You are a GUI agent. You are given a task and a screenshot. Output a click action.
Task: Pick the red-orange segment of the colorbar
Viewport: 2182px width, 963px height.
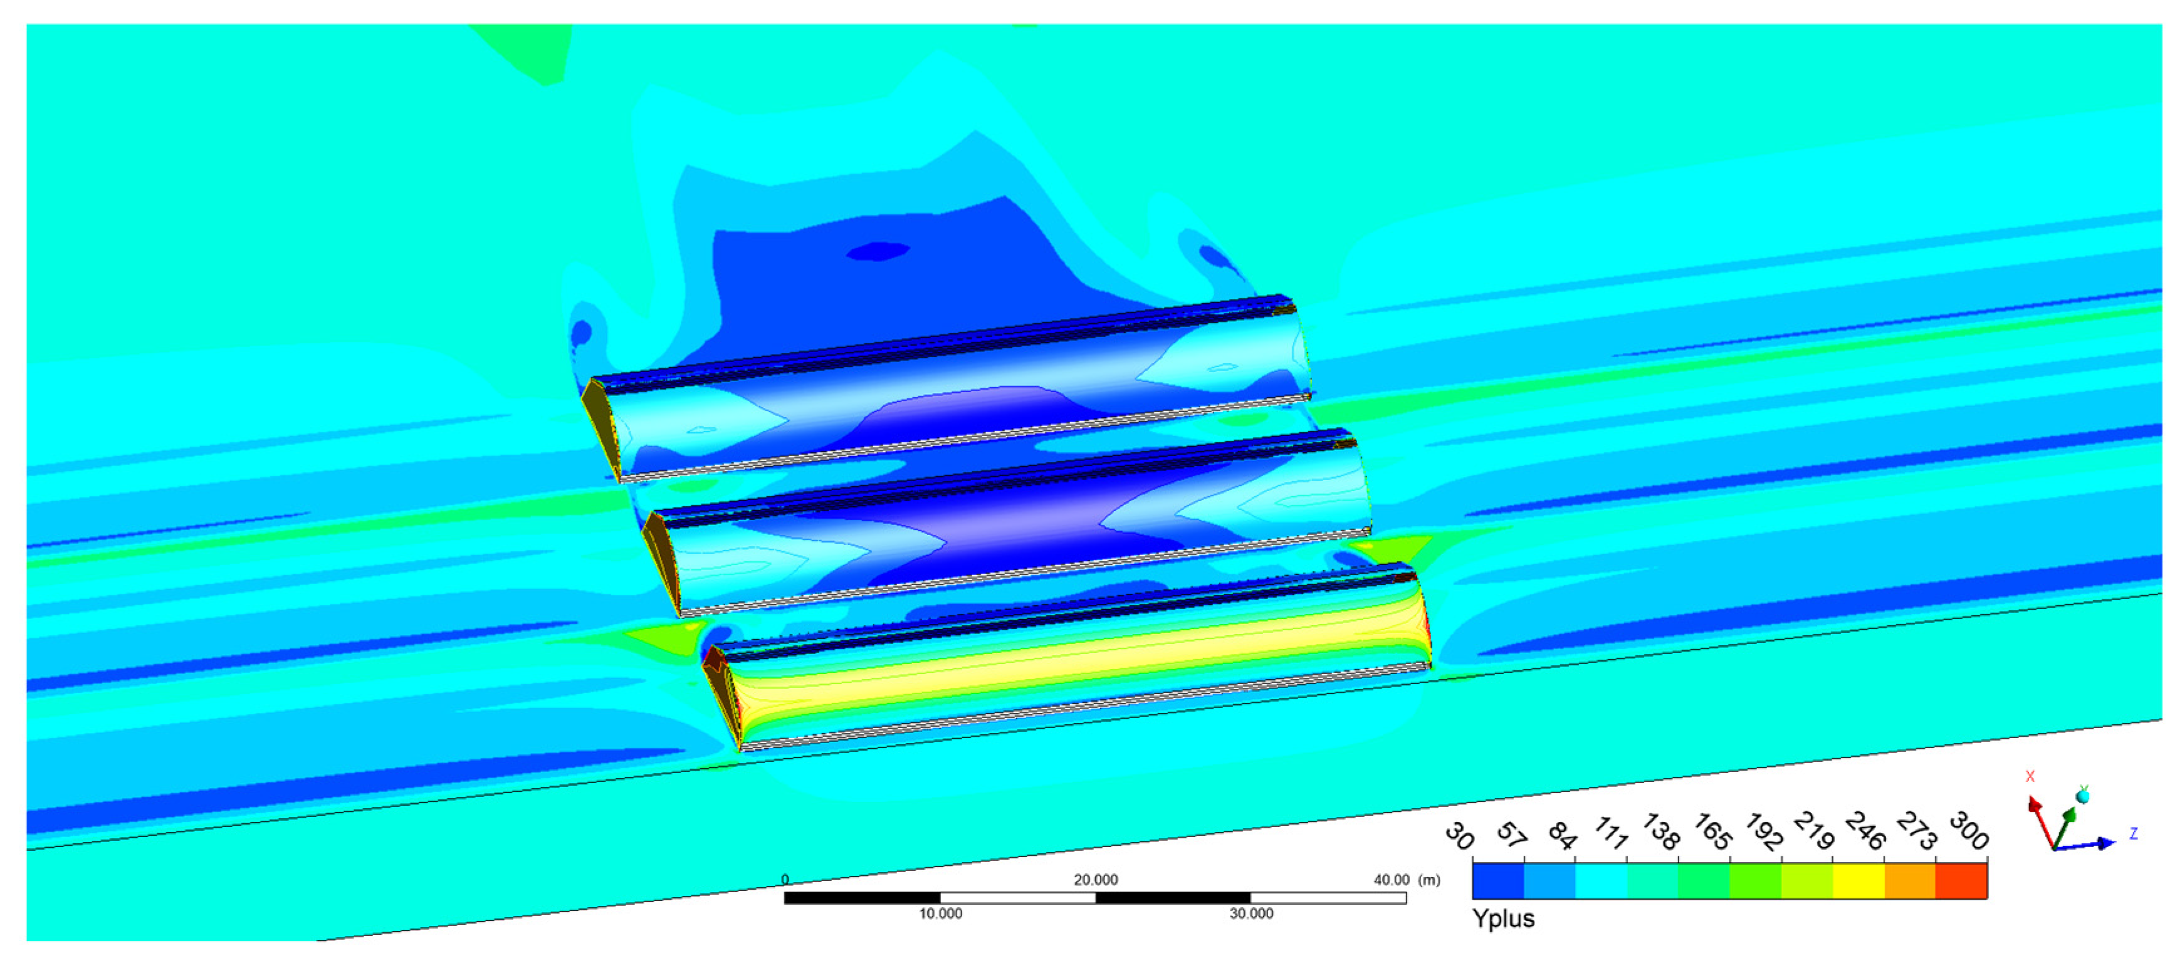pos(1961,880)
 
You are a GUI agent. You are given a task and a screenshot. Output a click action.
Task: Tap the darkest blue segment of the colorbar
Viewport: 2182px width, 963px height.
pos(1498,880)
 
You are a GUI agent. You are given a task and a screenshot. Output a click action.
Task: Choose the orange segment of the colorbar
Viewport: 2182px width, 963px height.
pos(1910,880)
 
